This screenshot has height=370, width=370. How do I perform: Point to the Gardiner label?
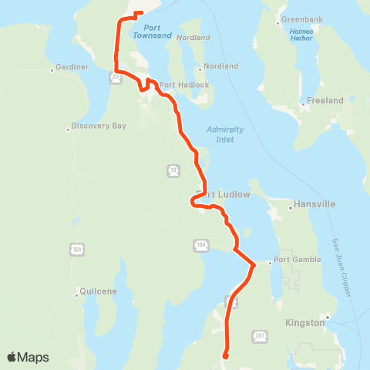coord(71,67)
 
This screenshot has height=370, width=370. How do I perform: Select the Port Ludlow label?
coord(225,195)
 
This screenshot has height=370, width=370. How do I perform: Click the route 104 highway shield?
coord(200,244)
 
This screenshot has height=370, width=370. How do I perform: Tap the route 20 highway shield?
coord(115,77)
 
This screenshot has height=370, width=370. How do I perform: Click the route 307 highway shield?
coord(260,335)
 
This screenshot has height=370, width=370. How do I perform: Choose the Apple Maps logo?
coord(28,357)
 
